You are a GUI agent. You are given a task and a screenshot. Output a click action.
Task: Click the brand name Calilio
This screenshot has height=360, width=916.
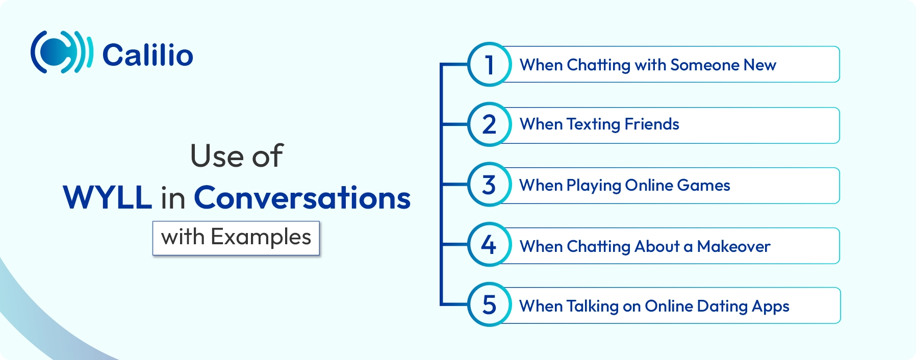(148, 55)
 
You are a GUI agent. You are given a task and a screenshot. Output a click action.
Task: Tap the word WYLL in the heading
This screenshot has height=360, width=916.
(107, 197)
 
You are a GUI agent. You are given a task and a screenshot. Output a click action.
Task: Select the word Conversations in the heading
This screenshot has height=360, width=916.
(302, 197)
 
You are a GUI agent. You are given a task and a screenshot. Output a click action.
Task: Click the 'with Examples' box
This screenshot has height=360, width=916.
(236, 238)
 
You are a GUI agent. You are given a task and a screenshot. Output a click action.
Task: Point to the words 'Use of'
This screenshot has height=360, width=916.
(236, 156)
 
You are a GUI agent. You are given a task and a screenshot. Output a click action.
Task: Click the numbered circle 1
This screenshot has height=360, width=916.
(489, 65)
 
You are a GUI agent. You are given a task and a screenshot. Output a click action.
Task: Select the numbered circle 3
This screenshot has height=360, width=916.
(489, 185)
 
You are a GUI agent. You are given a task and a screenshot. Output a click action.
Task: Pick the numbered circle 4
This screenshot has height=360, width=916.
(489, 245)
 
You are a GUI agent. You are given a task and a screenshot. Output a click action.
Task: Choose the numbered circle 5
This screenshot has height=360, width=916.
(489, 305)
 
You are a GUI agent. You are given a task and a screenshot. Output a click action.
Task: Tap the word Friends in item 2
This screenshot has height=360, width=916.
(652, 124)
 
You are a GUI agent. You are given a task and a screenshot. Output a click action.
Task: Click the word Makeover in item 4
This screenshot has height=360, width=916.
(733, 246)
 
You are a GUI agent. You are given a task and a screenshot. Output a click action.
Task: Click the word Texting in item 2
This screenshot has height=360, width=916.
(593, 124)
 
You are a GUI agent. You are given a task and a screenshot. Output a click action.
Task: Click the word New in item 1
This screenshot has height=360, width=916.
(760, 65)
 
